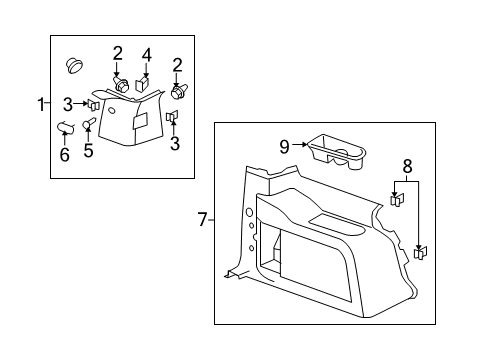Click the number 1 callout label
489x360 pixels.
pos(41,103)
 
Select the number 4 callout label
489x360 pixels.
pos(145,54)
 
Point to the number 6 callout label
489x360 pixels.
pos(65,156)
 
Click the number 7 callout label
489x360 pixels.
pos(203,219)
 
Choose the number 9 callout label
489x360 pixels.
pos(284,146)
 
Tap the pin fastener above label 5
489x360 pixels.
pos(88,124)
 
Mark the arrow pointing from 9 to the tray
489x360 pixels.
pos(300,146)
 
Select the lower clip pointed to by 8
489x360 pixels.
pos(420,253)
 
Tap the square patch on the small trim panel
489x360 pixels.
pos(140,119)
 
